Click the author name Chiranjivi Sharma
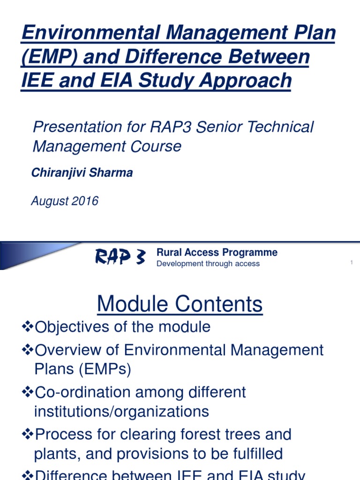click(x=82, y=173)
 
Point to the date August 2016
click(x=65, y=201)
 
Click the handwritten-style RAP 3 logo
click(x=120, y=257)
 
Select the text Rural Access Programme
click(x=217, y=253)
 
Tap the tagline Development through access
click(x=208, y=264)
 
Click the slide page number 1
click(x=351, y=263)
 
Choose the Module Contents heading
click(x=180, y=304)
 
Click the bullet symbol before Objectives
click(x=28, y=327)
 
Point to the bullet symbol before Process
click(x=28, y=434)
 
